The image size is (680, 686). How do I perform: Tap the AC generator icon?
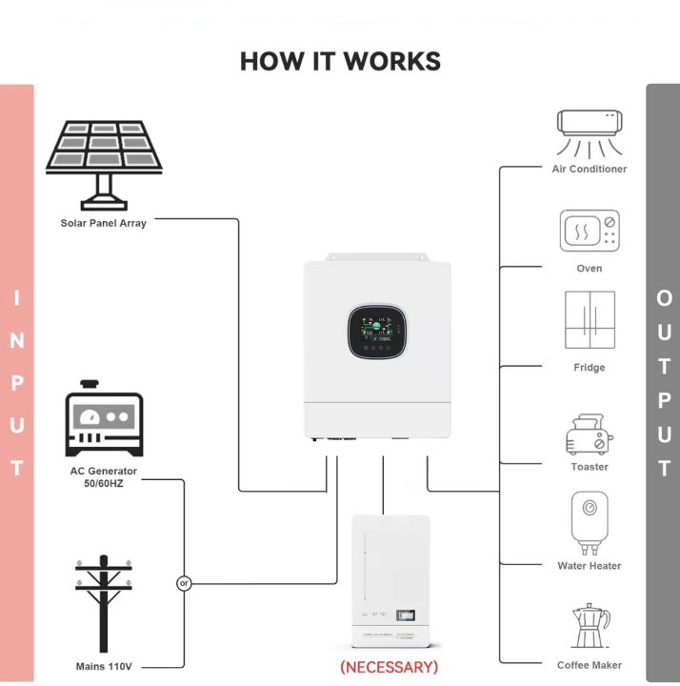tap(103, 420)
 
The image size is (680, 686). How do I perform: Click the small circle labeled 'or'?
tap(184, 583)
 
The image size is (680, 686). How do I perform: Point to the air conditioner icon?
tap(590, 132)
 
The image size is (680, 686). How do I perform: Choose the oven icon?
tap(590, 232)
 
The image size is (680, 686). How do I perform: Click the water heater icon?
tap(590, 521)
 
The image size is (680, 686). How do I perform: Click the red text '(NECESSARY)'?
tap(389, 667)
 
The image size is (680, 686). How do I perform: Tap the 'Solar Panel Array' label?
tap(103, 224)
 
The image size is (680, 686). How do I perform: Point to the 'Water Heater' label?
tap(590, 566)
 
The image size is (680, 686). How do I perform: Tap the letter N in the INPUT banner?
tap(17, 340)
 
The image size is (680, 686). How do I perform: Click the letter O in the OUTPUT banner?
tap(664, 298)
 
